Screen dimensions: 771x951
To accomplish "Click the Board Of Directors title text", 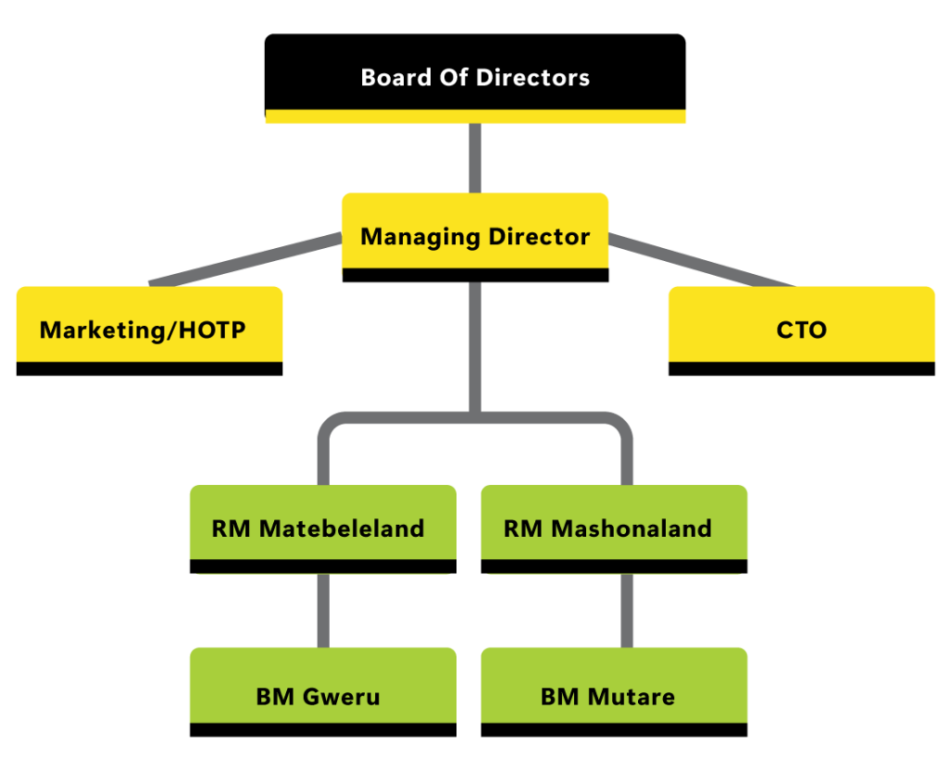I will click(x=475, y=77).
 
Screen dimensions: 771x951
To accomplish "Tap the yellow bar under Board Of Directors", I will click(x=475, y=117).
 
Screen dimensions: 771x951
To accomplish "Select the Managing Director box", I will click(x=475, y=232).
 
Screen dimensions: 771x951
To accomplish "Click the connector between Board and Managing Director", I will click(x=475, y=158).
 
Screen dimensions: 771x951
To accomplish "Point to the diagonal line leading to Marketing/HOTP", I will click(x=246, y=260).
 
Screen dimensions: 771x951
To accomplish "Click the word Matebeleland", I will click(x=342, y=529).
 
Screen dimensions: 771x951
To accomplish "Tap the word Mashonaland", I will click(x=632, y=529).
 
